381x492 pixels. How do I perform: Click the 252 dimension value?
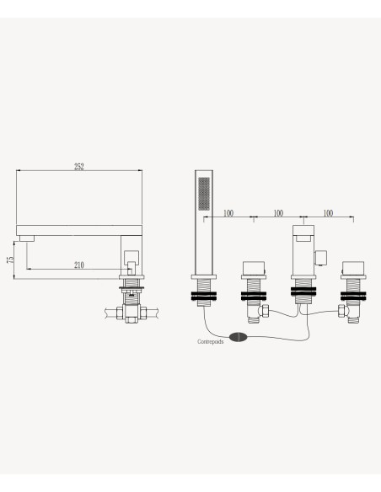[x=79, y=166]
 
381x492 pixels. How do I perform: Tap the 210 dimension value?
[x=79, y=265]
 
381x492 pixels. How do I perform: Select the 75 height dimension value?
[x=10, y=259]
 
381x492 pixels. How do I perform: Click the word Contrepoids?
[x=211, y=341]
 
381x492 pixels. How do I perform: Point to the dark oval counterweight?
[x=239, y=337]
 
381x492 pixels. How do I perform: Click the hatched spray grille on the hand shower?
[x=204, y=194]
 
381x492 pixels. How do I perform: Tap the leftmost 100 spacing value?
[x=228, y=213]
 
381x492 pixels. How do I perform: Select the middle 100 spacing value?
[x=278, y=213]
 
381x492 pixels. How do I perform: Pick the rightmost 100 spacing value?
[x=328, y=213]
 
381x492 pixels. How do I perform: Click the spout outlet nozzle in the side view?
[x=27, y=238]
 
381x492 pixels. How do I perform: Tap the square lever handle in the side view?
[x=131, y=259]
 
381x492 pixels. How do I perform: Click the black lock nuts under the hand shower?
[x=204, y=297]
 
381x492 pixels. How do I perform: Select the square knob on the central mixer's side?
[x=321, y=258]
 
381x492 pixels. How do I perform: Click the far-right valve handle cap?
[x=353, y=268]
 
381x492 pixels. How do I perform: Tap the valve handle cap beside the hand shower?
[x=254, y=268]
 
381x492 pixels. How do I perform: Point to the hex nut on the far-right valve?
[x=341, y=312]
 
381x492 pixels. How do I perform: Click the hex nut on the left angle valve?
[x=266, y=311]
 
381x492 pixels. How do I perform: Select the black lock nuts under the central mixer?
[x=303, y=291]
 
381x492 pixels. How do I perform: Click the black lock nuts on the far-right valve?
[x=353, y=297]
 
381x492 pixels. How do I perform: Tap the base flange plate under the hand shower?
[x=204, y=277]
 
